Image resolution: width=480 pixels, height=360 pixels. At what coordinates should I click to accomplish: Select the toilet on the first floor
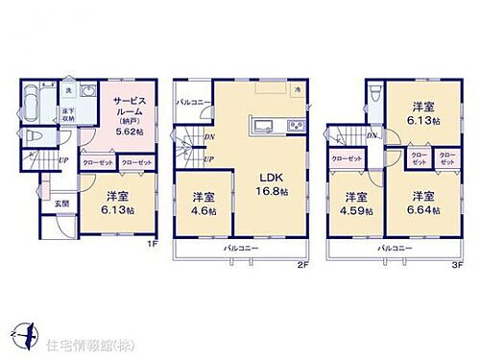click(x=32, y=136)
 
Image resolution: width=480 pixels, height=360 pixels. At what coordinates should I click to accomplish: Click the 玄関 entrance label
click(x=60, y=203)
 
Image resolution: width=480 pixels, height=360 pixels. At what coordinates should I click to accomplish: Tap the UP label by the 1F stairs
click(x=63, y=159)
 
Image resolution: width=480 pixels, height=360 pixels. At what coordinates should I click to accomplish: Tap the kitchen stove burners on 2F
click(x=296, y=127)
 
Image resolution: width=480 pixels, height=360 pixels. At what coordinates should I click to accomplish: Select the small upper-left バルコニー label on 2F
click(x=192, y=101)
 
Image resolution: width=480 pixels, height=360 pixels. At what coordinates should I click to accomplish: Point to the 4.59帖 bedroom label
click(x=355, y=204)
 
